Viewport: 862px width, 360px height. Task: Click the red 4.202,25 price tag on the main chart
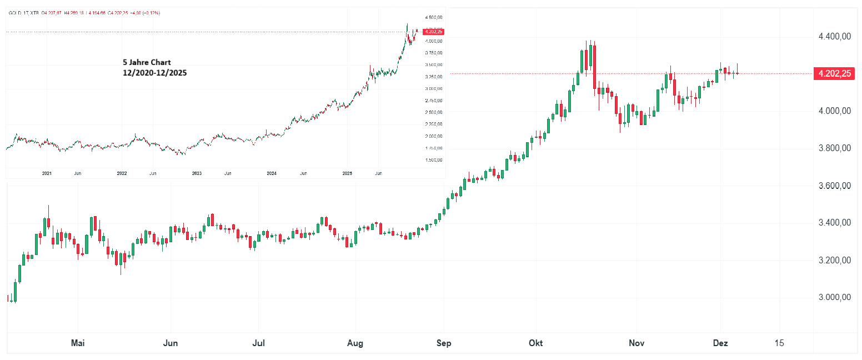click(x=833, y=73)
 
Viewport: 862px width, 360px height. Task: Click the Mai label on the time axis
click(x=78, y=343)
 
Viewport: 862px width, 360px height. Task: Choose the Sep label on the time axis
click(x=444, y=343)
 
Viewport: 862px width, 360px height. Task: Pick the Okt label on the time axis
click(x=537, y=343)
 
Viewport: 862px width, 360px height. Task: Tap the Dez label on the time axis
click(x=720, y=343)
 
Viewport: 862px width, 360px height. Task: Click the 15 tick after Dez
click(x=779, y=343)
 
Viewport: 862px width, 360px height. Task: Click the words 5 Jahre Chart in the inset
click(x=147, y=63)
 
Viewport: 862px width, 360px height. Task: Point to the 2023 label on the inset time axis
click(x=197, y=173)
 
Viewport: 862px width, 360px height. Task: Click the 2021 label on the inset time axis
click(x=47, y=173)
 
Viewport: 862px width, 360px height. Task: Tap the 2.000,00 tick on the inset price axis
click(x=433, y=136)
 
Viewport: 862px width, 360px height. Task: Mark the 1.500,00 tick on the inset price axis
click(x=433, y=160)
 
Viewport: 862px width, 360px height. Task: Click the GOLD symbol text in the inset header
click(x=14, y=13)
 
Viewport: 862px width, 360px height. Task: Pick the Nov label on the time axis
click(x=637, y=343)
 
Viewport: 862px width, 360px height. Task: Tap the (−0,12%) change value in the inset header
click(x=150, y=13)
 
